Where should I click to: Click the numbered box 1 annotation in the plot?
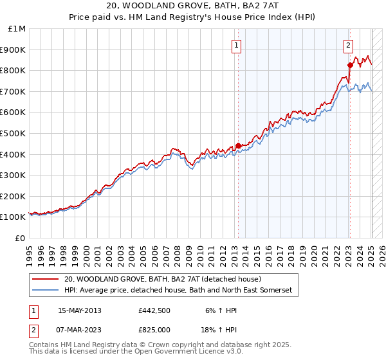point(237,45)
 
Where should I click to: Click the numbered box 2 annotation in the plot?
point(348,45)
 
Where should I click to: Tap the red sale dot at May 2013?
point(238,145)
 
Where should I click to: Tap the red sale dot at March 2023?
point(350,65)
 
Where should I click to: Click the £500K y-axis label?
point(13,133)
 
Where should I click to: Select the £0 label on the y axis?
point(21,238)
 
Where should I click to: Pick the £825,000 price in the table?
point(154,329)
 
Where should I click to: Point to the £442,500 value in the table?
point(154,310)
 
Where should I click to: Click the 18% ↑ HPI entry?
point(220,329)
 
